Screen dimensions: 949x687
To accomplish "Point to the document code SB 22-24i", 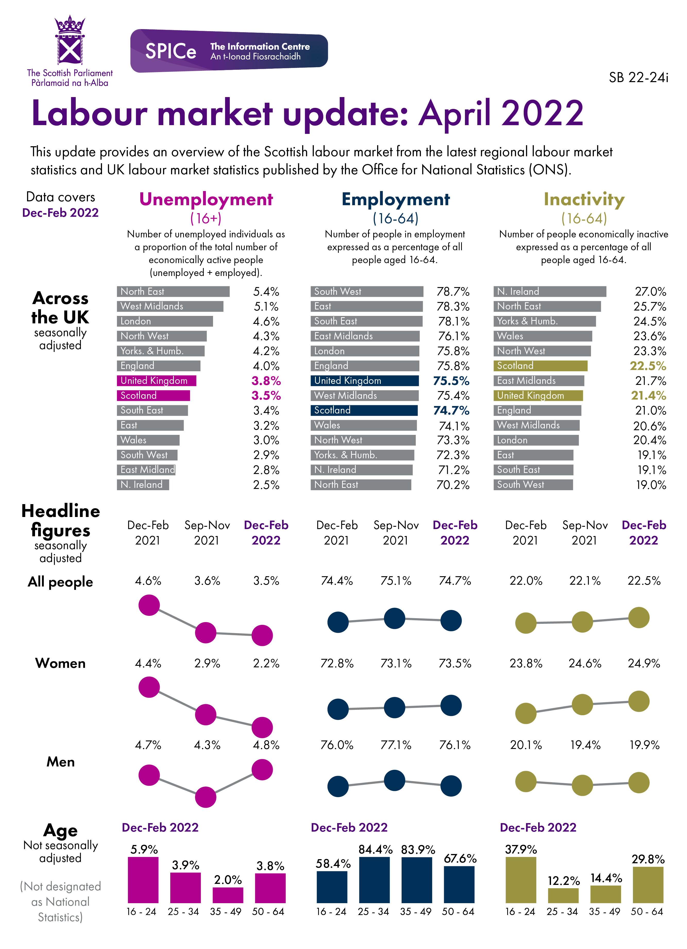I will [638, 78].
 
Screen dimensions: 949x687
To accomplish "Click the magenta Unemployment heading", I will [206, 200].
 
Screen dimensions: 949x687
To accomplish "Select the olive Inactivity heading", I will [584, 200].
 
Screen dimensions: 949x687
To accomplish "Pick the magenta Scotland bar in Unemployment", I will [153, 395].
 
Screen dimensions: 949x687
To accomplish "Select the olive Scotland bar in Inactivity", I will [540, 366].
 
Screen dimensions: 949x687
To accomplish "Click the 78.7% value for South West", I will [453, 292].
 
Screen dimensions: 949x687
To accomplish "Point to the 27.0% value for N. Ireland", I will [650, 292].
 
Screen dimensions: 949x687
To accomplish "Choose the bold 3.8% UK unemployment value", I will [266, 381].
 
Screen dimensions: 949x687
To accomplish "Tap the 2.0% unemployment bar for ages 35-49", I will [228, 895].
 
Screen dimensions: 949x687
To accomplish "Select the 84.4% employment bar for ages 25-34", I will [374, 879].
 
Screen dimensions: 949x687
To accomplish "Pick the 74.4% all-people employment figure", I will [337, 581].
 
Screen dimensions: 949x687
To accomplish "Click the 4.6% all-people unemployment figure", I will [148, 581].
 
